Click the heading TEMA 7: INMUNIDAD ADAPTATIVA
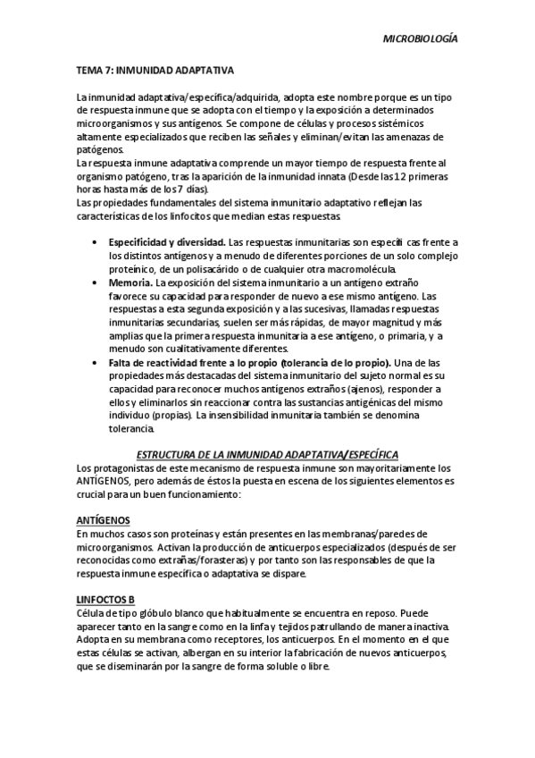(x=155, y=68)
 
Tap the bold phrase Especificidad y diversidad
(x=166, y=243)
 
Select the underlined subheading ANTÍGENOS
(x=104, y=520)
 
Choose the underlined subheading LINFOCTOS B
(x=104, y=599)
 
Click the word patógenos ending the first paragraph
(x=100, y=150)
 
